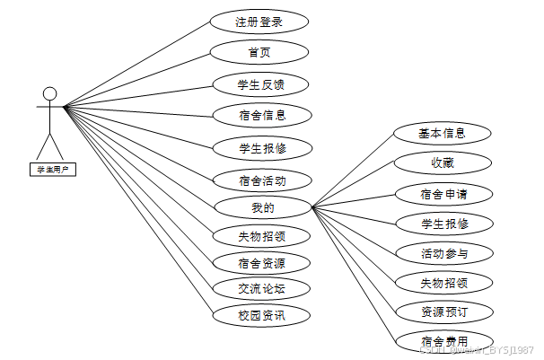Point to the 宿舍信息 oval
coord(262,115)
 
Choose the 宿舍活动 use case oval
coord(262,180)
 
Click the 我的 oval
coord(262,208)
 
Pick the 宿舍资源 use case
coord(262,263)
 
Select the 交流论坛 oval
coord(262,289)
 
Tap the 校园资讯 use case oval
coord(262,315)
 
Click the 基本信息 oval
coord(443,134)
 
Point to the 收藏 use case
coord(443,162)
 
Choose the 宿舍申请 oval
coord(443,193)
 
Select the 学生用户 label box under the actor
coord(52,168)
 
